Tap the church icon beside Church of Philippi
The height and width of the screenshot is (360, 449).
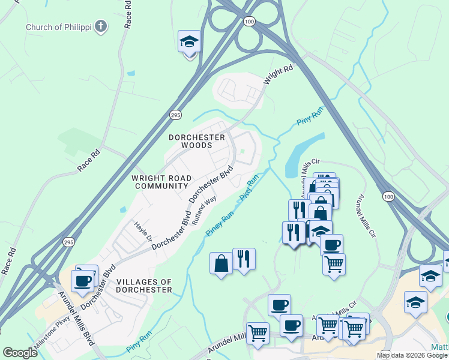(x=101, y=26)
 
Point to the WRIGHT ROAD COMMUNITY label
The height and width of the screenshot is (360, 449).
(x=161, y=182)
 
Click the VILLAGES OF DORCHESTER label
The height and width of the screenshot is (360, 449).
(x=143, y=286)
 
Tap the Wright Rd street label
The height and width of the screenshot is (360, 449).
(x=279, y=74)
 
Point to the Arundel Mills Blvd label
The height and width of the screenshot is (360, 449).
(x=76, y=318)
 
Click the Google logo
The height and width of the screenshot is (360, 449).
(x=20, y=353)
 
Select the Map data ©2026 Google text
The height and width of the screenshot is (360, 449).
(x=412, y=355)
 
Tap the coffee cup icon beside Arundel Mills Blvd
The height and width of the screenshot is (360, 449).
(x=82, y=280)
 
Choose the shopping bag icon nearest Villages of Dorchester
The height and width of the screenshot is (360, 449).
(x=221, y=263)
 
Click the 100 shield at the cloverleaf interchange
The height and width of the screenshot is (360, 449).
(x=249, y=21)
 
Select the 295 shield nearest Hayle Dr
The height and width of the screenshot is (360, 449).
(x=69, y=241)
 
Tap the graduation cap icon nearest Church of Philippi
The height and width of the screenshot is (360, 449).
(x=189, y=42)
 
